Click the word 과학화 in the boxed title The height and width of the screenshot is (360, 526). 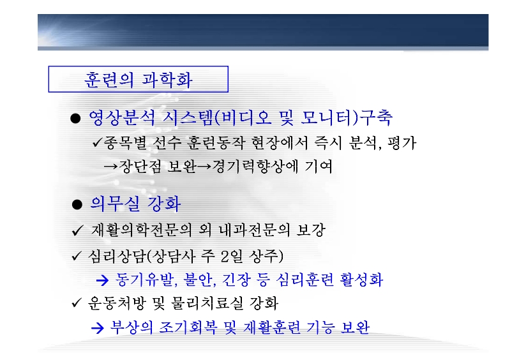(x=167, y=80)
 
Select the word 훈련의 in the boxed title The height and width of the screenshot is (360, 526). (x=109, y=80)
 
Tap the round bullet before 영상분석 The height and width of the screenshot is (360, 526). (x=75, y=119)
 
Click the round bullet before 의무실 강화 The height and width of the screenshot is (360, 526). (x=77, y=204)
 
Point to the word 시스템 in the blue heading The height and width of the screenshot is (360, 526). (x=188, y=117)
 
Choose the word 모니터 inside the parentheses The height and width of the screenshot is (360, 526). (x=326, y=117)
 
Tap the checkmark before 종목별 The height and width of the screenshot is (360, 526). (x=96, y=143)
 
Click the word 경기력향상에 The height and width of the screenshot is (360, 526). (x=255, y=167)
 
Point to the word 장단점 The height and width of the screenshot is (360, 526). (x=140, y=167)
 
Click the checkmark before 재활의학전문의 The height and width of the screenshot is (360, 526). (x=77, y=230)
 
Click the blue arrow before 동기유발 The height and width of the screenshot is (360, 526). (x=103, y=280)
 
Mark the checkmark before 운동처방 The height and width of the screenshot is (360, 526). (x=77, y=303)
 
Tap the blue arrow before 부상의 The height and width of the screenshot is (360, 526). (x=98, y=328)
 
